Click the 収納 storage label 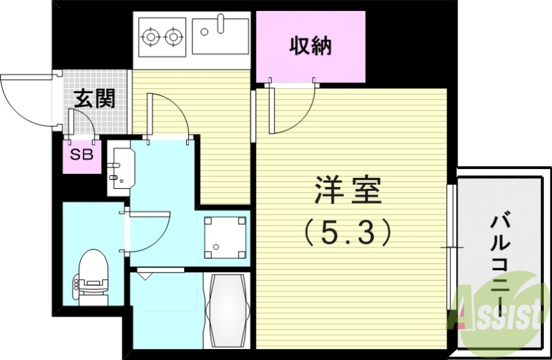(310, 46)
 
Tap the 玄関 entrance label (94, 99)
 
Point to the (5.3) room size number (348, 232)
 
